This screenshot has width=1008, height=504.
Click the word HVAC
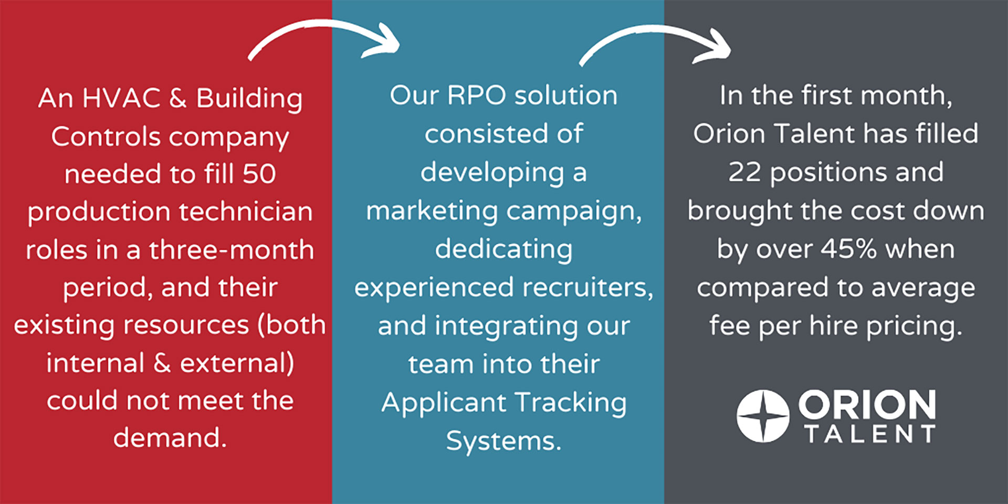coord(121,98)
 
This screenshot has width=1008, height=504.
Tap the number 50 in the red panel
coord(259,174)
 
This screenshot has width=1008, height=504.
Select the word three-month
coord(232,250)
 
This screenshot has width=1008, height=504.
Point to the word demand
coord(170,438)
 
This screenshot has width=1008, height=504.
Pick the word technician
coord(246,212)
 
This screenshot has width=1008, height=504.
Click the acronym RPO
coord(476,96)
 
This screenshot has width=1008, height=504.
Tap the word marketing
coord(432,211)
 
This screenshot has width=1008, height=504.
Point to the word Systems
coord(503,441)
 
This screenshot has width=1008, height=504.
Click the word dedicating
coord(503,250)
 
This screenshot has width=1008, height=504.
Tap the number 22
coord(744,172)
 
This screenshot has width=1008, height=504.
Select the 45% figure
coord(848,249)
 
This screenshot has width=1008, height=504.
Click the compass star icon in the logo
coord(762,416)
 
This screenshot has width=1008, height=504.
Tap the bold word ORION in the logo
coord(867,405)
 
